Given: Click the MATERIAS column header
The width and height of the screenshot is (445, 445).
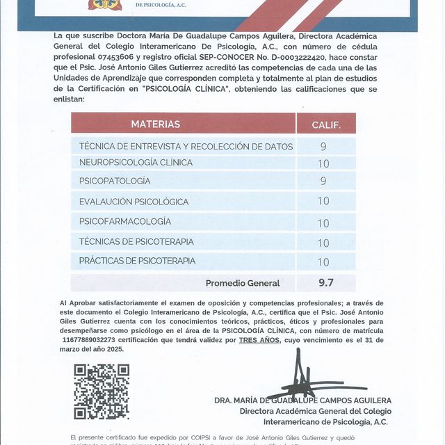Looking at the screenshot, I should point(155,124).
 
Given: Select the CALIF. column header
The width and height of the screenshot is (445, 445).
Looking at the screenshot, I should point(325,124).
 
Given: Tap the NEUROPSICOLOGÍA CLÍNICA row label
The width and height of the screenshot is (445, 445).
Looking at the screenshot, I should point(125,163).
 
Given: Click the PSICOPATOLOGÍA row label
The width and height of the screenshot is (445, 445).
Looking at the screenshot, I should point(115,181).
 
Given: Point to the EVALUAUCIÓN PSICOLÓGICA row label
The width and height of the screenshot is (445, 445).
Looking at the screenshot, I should point(133,202).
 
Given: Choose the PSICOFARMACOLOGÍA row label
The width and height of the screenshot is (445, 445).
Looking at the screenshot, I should point(125,221).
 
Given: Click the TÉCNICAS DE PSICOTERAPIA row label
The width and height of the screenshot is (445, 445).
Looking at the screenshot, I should point(136,241).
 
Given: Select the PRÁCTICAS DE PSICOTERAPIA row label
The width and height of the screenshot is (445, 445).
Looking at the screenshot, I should point(137,261).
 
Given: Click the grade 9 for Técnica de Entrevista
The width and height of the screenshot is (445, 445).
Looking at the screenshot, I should point(323,147).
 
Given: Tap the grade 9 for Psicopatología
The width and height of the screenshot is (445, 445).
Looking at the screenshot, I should point(323,181).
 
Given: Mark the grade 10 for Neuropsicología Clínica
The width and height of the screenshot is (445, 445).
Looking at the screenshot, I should point(323,164).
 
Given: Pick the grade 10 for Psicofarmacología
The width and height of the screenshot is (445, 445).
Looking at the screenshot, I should point(323,223).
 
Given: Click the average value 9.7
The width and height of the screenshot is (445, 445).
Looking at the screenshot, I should point(325,282).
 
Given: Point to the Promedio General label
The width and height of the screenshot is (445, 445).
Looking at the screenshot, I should point(243,283).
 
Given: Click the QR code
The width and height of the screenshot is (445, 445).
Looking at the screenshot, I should point(102,391).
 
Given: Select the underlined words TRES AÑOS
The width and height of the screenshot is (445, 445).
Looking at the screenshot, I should point(259,340).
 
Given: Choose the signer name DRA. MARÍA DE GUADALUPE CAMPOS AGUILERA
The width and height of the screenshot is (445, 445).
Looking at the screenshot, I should point(302,400).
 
